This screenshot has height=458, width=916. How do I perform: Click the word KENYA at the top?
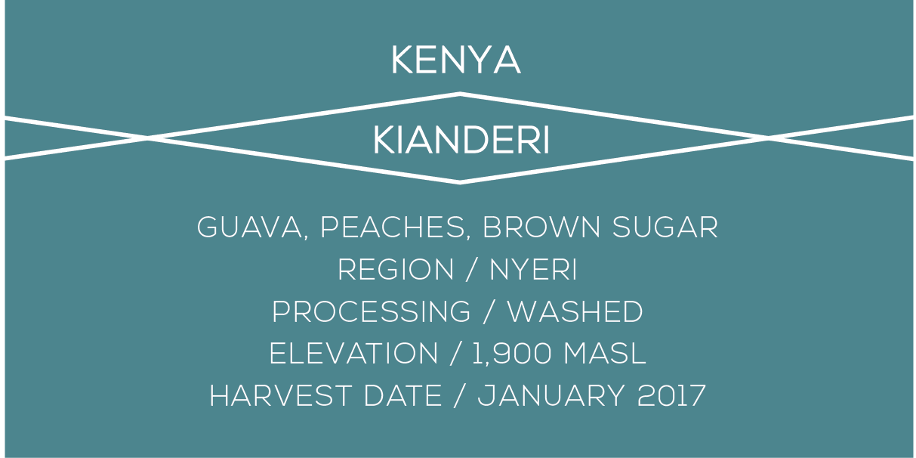pos(456,60)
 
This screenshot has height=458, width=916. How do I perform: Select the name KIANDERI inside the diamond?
pos(461,141)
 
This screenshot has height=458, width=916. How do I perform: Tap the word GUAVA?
pos(249,227)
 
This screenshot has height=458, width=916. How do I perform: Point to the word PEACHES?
pos(392,227)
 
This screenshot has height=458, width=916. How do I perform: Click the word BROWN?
pos(542,227)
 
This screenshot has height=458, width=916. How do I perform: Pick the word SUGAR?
pos(665,227)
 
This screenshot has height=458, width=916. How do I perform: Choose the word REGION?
pos(396,270)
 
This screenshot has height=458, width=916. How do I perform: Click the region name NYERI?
pos(533,270)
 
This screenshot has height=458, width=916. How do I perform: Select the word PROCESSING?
pos(372,312)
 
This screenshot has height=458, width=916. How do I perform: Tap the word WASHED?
pos(575,312)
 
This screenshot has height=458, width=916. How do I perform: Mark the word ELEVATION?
pos(353,354)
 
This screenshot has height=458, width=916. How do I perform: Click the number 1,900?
pos(511,354)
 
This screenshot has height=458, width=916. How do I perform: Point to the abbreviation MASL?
pos(605,354)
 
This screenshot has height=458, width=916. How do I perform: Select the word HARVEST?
pos(280,396)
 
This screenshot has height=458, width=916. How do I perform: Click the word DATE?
pos(402,396)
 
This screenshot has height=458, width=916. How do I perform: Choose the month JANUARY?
pos(551,396)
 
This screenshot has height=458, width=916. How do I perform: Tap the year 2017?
pos(671,396)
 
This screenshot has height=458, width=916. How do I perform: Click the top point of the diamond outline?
pos(460,94)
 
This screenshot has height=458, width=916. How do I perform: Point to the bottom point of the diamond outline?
pos(460,183)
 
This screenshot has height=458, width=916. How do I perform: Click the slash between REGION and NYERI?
pos(471,270)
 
